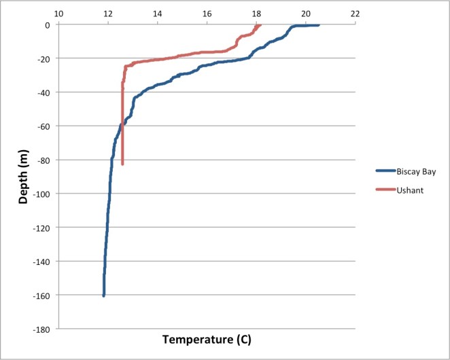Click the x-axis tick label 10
coord(58,13)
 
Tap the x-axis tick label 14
coord(158,13)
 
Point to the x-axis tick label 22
coord(355,13)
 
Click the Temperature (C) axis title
coord(207,339)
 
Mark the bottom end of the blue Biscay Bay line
coord(104,295)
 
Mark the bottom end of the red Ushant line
coord(122,164)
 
